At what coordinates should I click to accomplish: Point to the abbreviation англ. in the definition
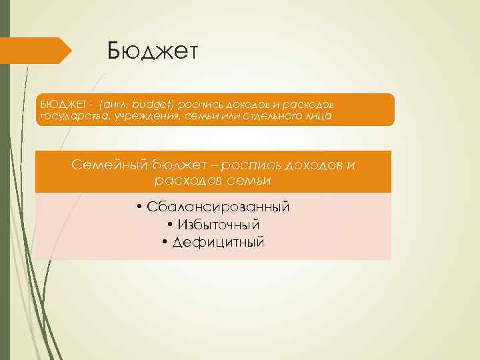point(114,105)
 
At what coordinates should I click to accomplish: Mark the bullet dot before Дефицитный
point(165,242)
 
